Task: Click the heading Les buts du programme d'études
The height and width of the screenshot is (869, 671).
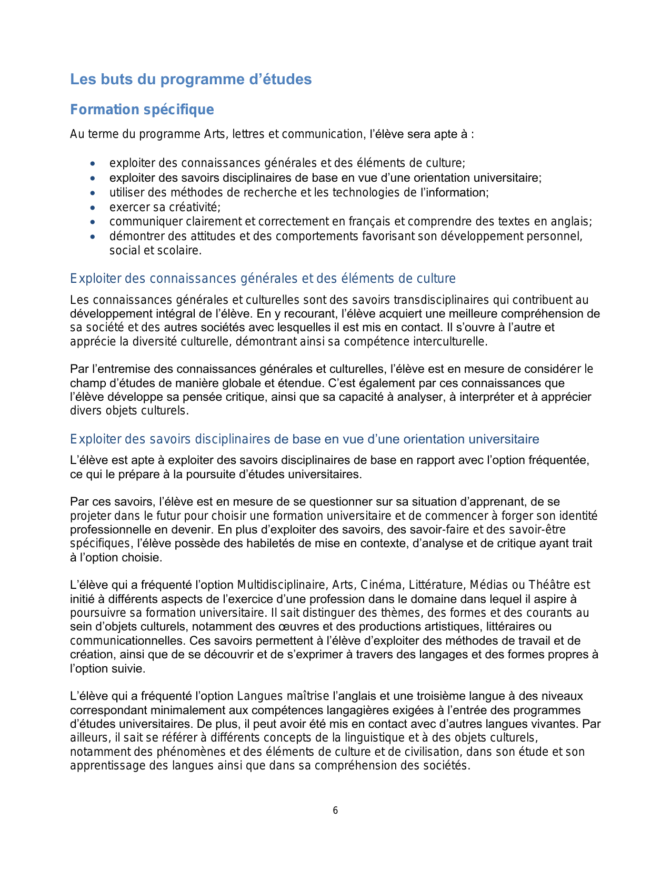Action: coord(191,80)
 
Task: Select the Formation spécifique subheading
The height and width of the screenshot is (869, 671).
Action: coord(142,110)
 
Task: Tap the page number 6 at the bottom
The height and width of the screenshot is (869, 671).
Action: coord(335,811)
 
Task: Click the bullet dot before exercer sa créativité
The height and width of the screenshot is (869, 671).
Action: coord(93,208)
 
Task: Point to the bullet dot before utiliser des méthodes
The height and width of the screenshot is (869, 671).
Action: coord(93,193)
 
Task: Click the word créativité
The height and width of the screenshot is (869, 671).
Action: coord(195,207)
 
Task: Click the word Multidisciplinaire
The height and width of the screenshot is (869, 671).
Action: coord(282,585)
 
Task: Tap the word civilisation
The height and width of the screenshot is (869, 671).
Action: coord(431,752)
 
